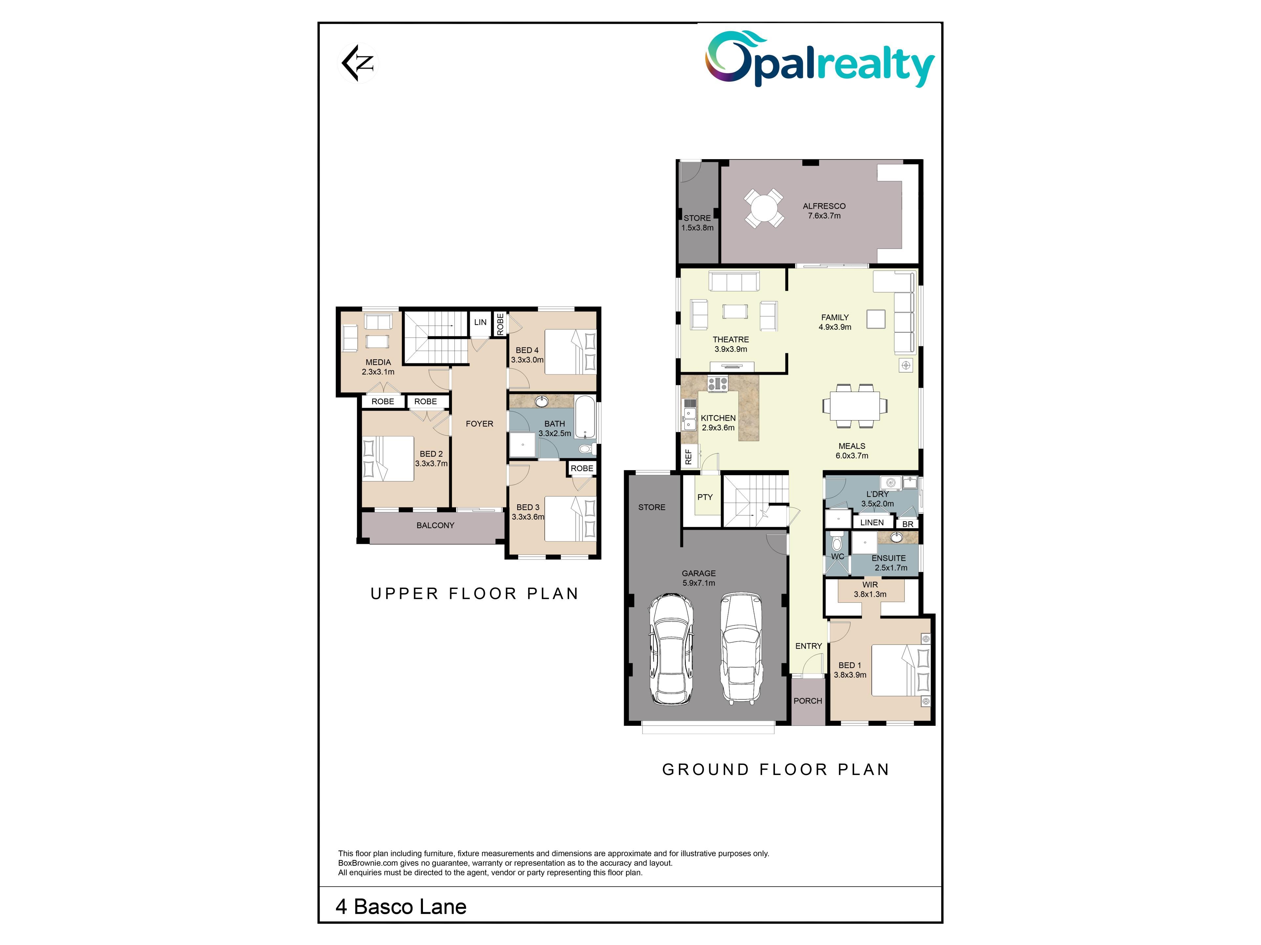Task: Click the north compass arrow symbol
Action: click(x=358, y=63)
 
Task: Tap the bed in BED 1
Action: click(x=900, y=670)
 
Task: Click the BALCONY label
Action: click(x=435, y=526)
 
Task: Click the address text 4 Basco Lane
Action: click(x=401, y=907)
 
